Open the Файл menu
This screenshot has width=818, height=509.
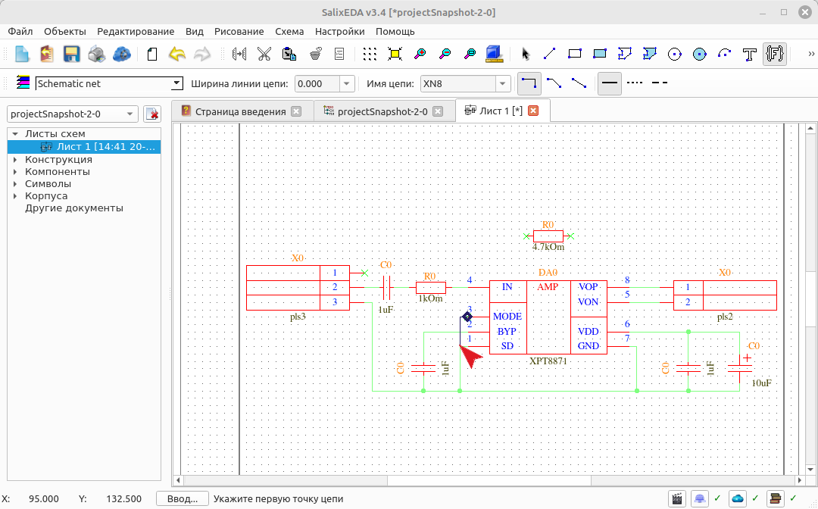pos(20,31)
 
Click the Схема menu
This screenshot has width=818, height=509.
pos(289,31)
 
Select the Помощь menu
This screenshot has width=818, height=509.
pos(395,31)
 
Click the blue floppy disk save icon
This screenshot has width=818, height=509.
pos(71,54)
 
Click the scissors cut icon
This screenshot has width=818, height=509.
pos(264,54)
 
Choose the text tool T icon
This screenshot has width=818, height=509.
pos(750,54)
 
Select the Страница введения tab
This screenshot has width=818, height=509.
pos(241,111)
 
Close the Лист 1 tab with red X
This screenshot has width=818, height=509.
pos(533,111)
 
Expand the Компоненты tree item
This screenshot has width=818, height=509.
pos(15,172)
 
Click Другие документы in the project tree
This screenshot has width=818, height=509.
pos(74,208)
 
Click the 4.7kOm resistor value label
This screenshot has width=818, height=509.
pos(548,247)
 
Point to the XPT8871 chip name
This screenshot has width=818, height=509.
pos(548,361)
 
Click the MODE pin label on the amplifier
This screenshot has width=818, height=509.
pos(507,317)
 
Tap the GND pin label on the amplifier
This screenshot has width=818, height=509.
pos(588,346)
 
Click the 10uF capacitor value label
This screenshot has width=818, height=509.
pos(762,383)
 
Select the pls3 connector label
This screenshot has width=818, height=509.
pos(298,317)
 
